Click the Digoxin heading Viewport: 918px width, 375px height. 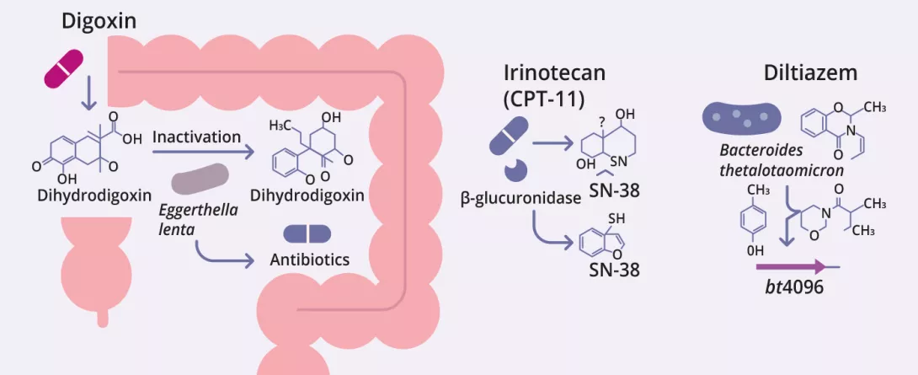(99, 21)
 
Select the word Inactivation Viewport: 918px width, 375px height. (197, 137)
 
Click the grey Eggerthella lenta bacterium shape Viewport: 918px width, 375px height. (200, 179)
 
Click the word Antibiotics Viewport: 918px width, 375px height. (309, 260)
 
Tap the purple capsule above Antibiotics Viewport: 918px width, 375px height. (307, 233)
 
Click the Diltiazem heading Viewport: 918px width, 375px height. (810, 73)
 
